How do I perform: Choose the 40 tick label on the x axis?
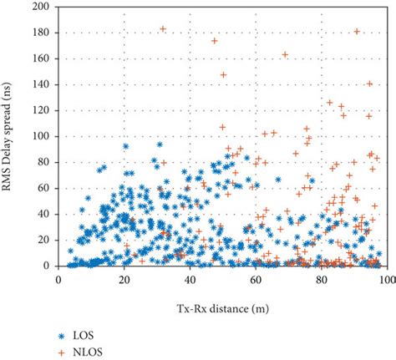tap(190, 277)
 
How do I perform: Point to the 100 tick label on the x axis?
tap(386, 277)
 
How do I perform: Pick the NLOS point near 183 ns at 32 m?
tap(163, 28)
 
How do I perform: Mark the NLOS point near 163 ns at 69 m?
tap(285, 54)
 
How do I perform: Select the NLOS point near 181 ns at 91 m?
tap(358, 31)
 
